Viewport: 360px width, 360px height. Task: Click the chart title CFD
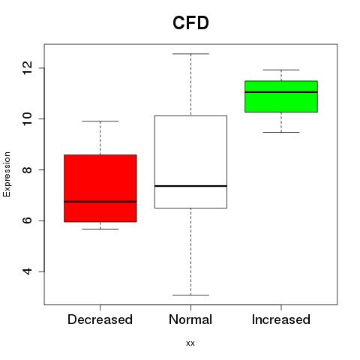point(190,23)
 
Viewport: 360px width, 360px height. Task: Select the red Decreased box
point(100,188)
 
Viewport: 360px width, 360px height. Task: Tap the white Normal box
point(190,162)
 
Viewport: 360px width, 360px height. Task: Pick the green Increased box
point(281,97)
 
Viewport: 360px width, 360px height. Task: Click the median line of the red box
point(100,202)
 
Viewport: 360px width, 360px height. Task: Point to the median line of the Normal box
point(190,186)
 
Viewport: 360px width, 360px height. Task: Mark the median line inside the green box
point(281,92)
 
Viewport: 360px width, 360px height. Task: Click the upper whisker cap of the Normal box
point(190,54)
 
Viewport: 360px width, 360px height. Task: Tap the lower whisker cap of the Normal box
point(190,295)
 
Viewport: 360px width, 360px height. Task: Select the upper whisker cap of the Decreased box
point(100,121)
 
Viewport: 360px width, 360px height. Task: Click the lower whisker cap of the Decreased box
point(100,229)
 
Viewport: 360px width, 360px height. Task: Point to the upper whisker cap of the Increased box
point(281,70)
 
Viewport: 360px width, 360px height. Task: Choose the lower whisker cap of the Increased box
point(281,132)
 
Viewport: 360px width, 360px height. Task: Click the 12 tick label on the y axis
point(28,67)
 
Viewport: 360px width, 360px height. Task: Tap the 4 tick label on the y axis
point(28,271)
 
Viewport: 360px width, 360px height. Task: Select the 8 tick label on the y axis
point(28,169)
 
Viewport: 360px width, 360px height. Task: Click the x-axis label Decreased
point(100,319)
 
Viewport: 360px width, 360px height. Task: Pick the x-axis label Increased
point(281,319)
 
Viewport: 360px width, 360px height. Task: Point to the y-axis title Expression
point(7,174)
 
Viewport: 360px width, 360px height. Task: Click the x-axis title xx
point(190,343)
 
